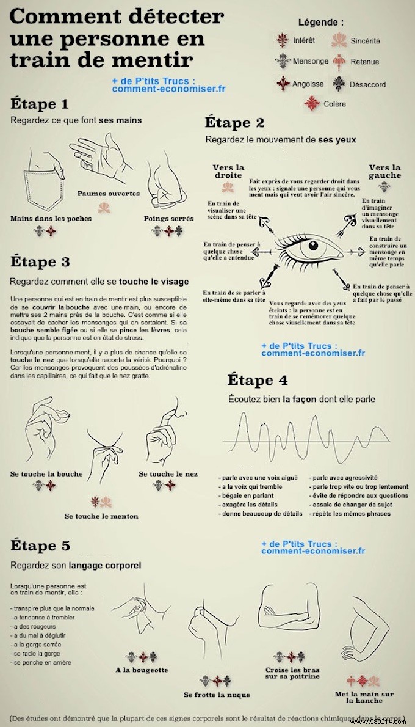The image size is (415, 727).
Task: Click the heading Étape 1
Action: (x=39, y=103)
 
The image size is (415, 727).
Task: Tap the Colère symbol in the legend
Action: (x=312, y=103)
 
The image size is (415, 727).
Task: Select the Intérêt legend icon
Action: (x=282, y=40)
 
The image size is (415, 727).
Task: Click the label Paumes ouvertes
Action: (x=108, y=194)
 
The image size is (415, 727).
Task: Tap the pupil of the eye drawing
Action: (x=313, y=246)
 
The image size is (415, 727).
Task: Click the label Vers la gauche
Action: (x=384, y=172)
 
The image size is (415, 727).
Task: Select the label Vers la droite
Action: (x=228, y=172)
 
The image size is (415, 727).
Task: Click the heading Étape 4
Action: (x=258, y=380)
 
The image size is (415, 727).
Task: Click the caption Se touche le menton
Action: (x=101, y=516)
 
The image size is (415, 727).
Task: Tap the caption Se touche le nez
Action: (x=168, y=474)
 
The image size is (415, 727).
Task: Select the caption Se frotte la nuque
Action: (x=217, y=695)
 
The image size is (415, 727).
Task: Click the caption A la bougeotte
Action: (x=142, y=670)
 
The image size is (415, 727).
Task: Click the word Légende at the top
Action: (x=320, y=22)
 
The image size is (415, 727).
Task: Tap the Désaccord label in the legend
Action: (x=367, y=84)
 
